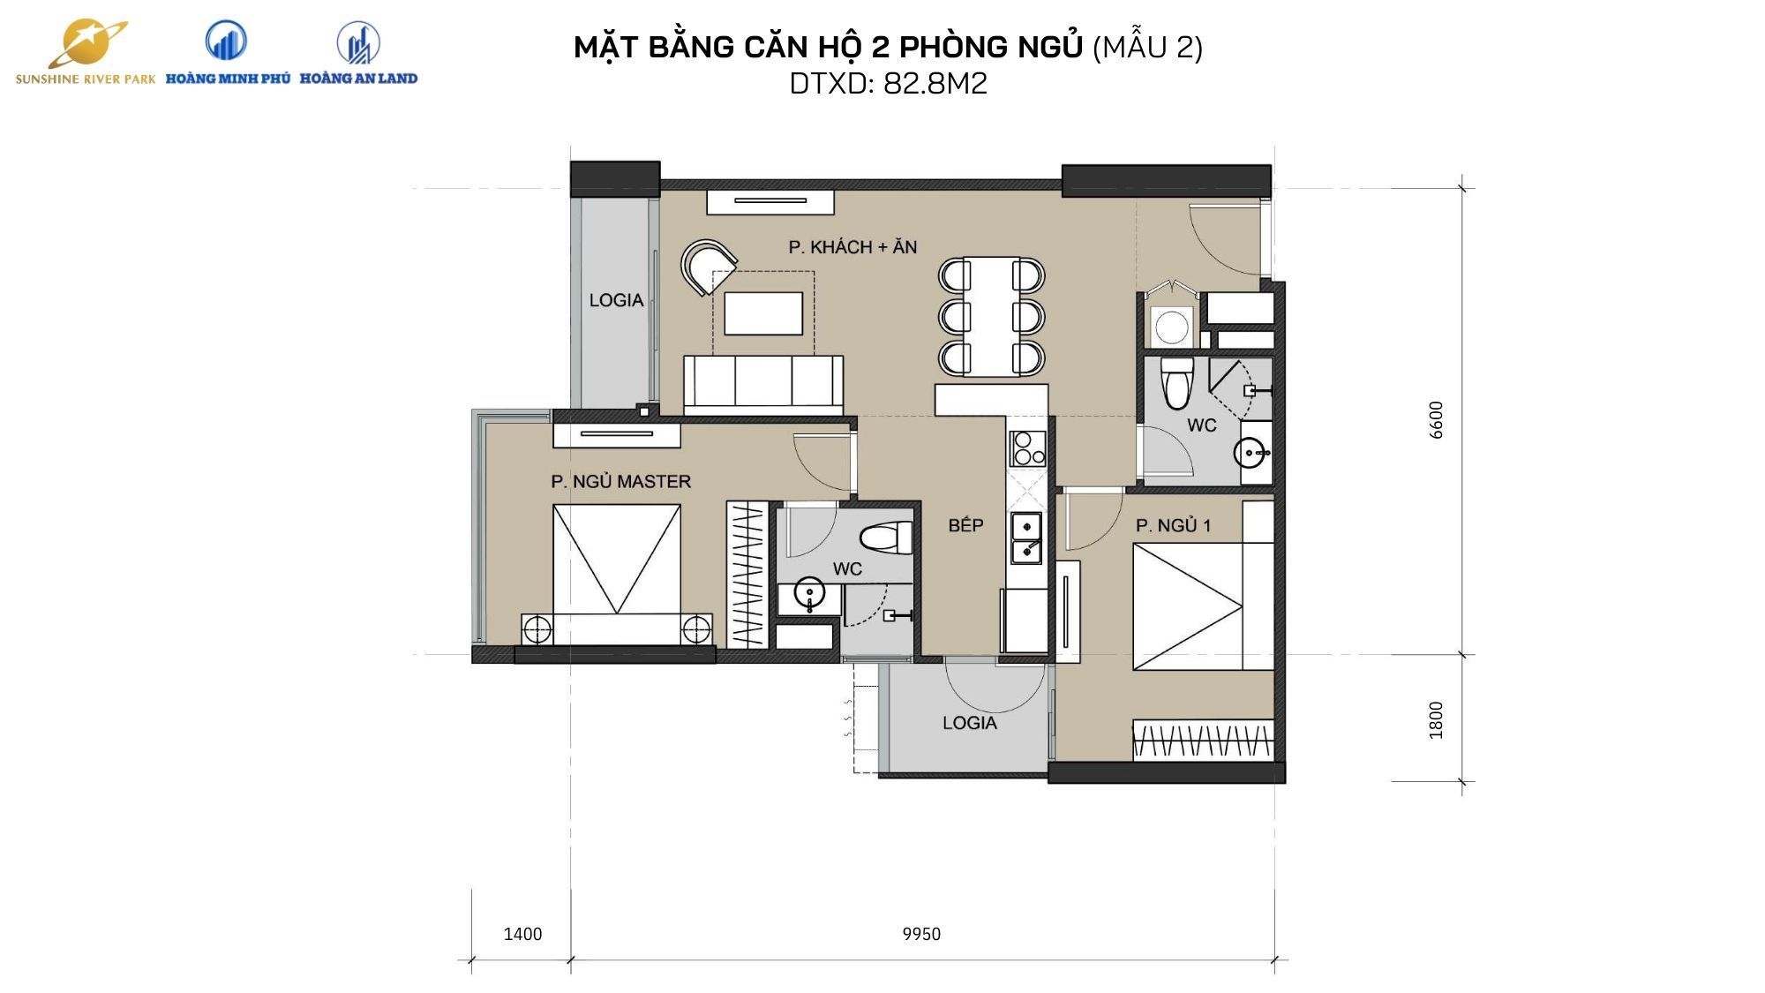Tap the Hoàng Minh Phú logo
click(x=228, y=53)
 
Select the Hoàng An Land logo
click(x=358, y=53)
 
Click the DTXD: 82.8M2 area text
click(x=888, y=84)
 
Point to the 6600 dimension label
click(x=1437, y=420)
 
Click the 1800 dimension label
click(x=1437, y=719)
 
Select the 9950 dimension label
click(x=921, y=934)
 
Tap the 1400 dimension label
click(x=522, y=934)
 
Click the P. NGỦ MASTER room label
click(x=620, y=482)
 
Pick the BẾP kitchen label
click(x=965, y=526)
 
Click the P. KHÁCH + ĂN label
click(x=852, y=247)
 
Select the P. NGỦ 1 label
click(x=1173, y=526)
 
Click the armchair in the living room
click(x=708, y=267)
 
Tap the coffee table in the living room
click(x=763, y=313)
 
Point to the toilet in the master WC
click(x=886, y=538)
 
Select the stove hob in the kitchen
click(x=1027, y=448)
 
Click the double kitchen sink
click(x=1026, y=538)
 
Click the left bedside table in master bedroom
click(x=537, y=630)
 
